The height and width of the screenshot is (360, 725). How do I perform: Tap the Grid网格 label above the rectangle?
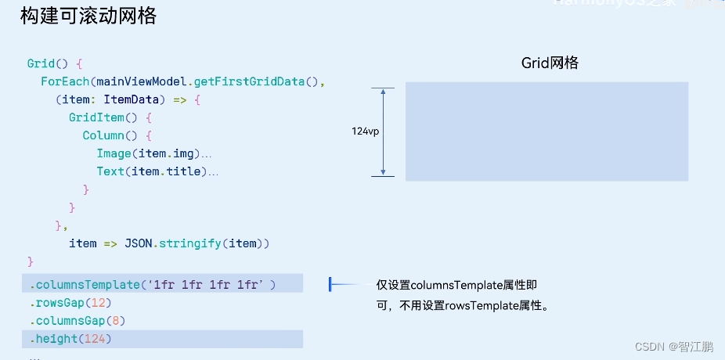coord(550,63)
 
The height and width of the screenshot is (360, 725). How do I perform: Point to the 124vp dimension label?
coord(365,131)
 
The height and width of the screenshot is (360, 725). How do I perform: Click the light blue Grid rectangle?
coord(546,131)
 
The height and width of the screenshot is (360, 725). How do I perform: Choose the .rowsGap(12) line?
coord(71,303)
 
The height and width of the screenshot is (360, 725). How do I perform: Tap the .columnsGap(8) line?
coord(78,321)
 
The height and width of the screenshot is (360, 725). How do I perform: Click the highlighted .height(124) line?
coord(71,339)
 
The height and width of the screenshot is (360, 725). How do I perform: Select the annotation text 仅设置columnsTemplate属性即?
coord(456,286)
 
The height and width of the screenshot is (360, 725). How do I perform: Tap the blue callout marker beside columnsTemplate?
coord(330,285)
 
